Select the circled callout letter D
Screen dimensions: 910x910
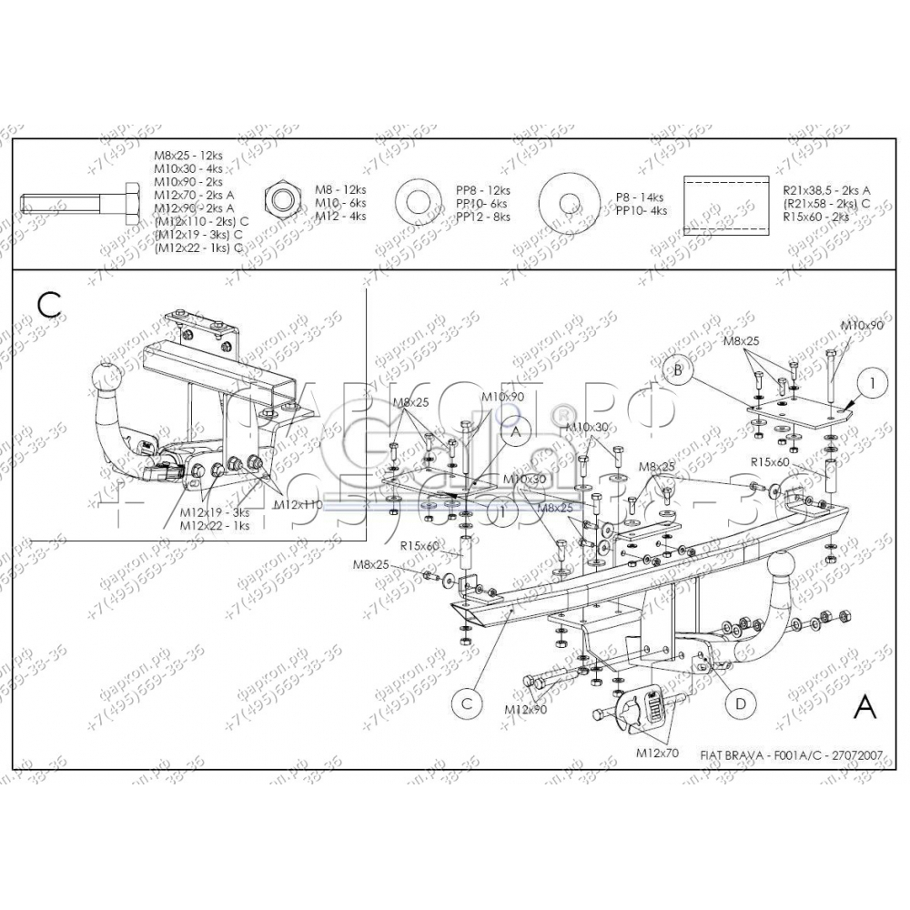tap(741, 702)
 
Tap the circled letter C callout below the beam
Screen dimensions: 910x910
tap(466, 702)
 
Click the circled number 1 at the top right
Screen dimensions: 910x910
tap(870, 385)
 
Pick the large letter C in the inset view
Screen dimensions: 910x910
tap(50, 303)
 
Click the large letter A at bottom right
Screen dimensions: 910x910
tap(864, 706)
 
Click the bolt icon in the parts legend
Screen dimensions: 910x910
tap(77, 201)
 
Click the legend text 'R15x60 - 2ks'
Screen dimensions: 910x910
tap(815, 217)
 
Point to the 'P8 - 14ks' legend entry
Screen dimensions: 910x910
tap(639, 197)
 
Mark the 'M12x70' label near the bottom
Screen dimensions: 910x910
tap(659, 753)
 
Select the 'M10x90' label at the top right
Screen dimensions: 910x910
tap(861, 325)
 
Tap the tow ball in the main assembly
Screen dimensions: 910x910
tap(784, 572)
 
